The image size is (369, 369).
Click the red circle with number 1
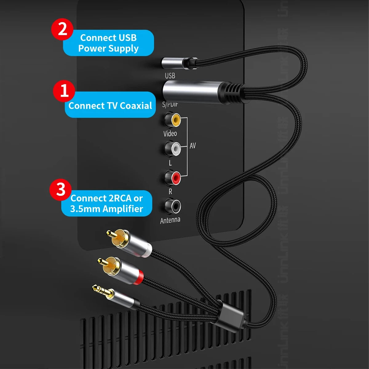pos(64,91)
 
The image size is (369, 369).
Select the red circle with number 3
pos(61,189)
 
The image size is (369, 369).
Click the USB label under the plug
pos(170,76)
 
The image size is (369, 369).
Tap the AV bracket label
pos(192,146)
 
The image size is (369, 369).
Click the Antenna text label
pos(170,220)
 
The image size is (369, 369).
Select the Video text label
pos(170,133)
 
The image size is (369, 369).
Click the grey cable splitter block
pos(229,315)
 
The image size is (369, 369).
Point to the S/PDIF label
pos(170,105)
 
